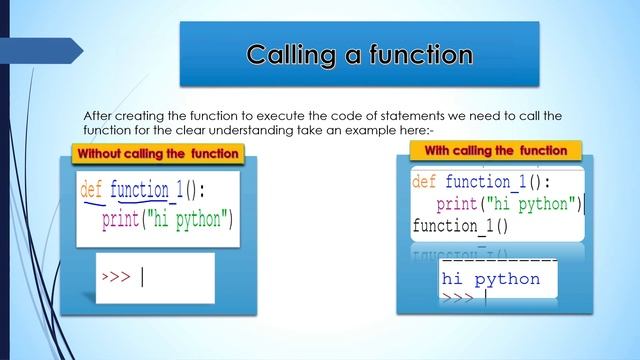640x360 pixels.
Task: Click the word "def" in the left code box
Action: point(91,189)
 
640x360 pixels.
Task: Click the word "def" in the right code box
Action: point(424,182)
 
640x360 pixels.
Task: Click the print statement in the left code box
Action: point(167,220)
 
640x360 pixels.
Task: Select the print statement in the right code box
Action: point(509,205)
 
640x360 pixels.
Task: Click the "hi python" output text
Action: point(490,279)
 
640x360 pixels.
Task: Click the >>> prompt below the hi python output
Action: point(457,298)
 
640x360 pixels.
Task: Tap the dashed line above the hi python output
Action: point(490,262)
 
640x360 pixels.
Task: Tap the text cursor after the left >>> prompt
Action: point(142,276)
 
